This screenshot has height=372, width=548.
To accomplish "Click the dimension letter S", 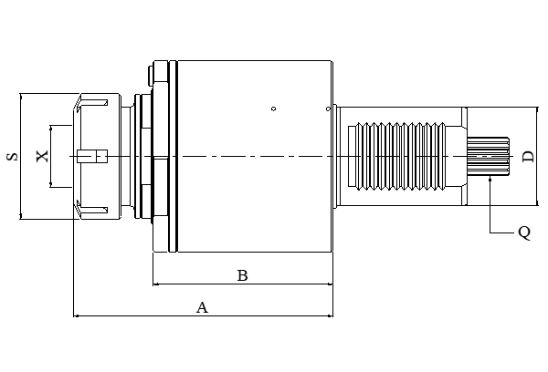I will click(x=12, y=156).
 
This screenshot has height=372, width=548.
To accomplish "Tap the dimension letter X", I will click(x=41, y=156).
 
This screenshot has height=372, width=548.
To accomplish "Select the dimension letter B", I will click(x=242, y=274).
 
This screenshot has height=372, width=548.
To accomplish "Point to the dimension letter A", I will click(x=203, y=307).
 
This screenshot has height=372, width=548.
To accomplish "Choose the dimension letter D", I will click(x=527, y=157).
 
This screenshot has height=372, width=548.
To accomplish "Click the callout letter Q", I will click(x=523, y=232).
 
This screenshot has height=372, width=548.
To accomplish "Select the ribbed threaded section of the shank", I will click(x=402, y=157).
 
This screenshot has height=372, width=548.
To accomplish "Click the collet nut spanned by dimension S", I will click(x=100, y=156).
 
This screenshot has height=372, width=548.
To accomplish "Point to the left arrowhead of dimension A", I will click(x=76, y=316).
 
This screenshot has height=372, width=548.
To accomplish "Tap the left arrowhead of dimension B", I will click(x=155, y=284).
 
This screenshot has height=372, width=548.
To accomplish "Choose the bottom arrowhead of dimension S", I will click(x=20, y=216).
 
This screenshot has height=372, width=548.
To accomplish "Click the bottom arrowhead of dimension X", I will click(x=52, y=185).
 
